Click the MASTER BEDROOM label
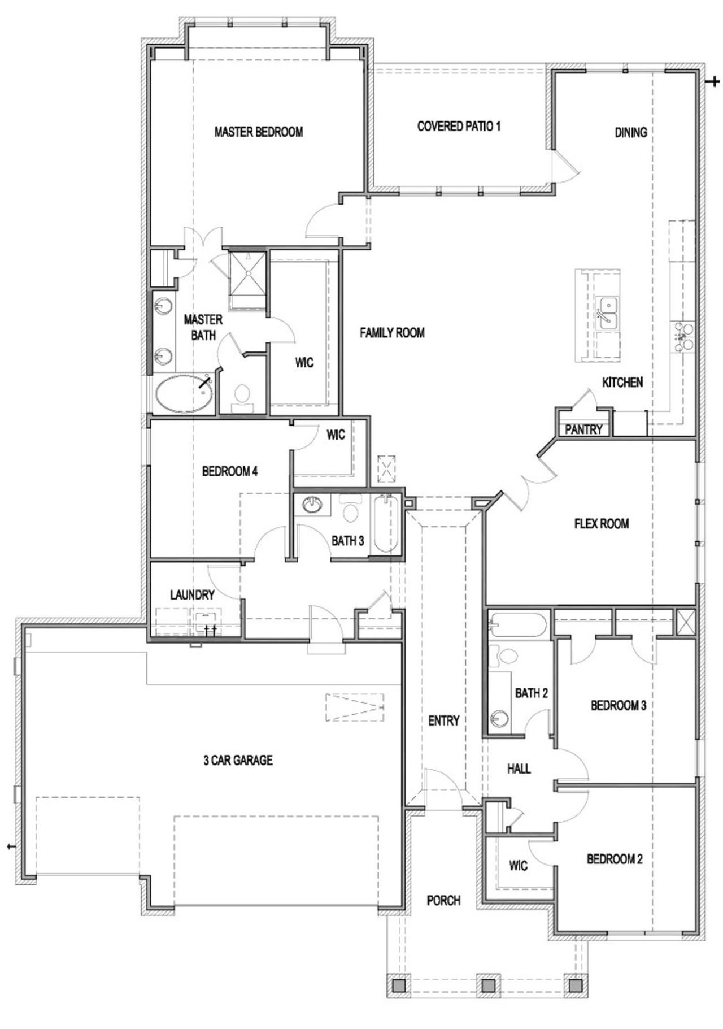point(258,132)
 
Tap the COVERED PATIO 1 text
point(459,126)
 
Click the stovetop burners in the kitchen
point(682,337)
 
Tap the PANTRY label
point(583,429)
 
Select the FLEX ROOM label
point(601,523)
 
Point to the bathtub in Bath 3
point(385,524)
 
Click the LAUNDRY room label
point(192,594)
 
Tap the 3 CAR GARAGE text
point(238,760)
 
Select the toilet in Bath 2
point(507,655)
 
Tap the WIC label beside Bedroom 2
point(518,865)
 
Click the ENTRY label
point(443,720)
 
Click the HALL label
point(519,769)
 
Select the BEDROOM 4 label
point(230,471)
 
